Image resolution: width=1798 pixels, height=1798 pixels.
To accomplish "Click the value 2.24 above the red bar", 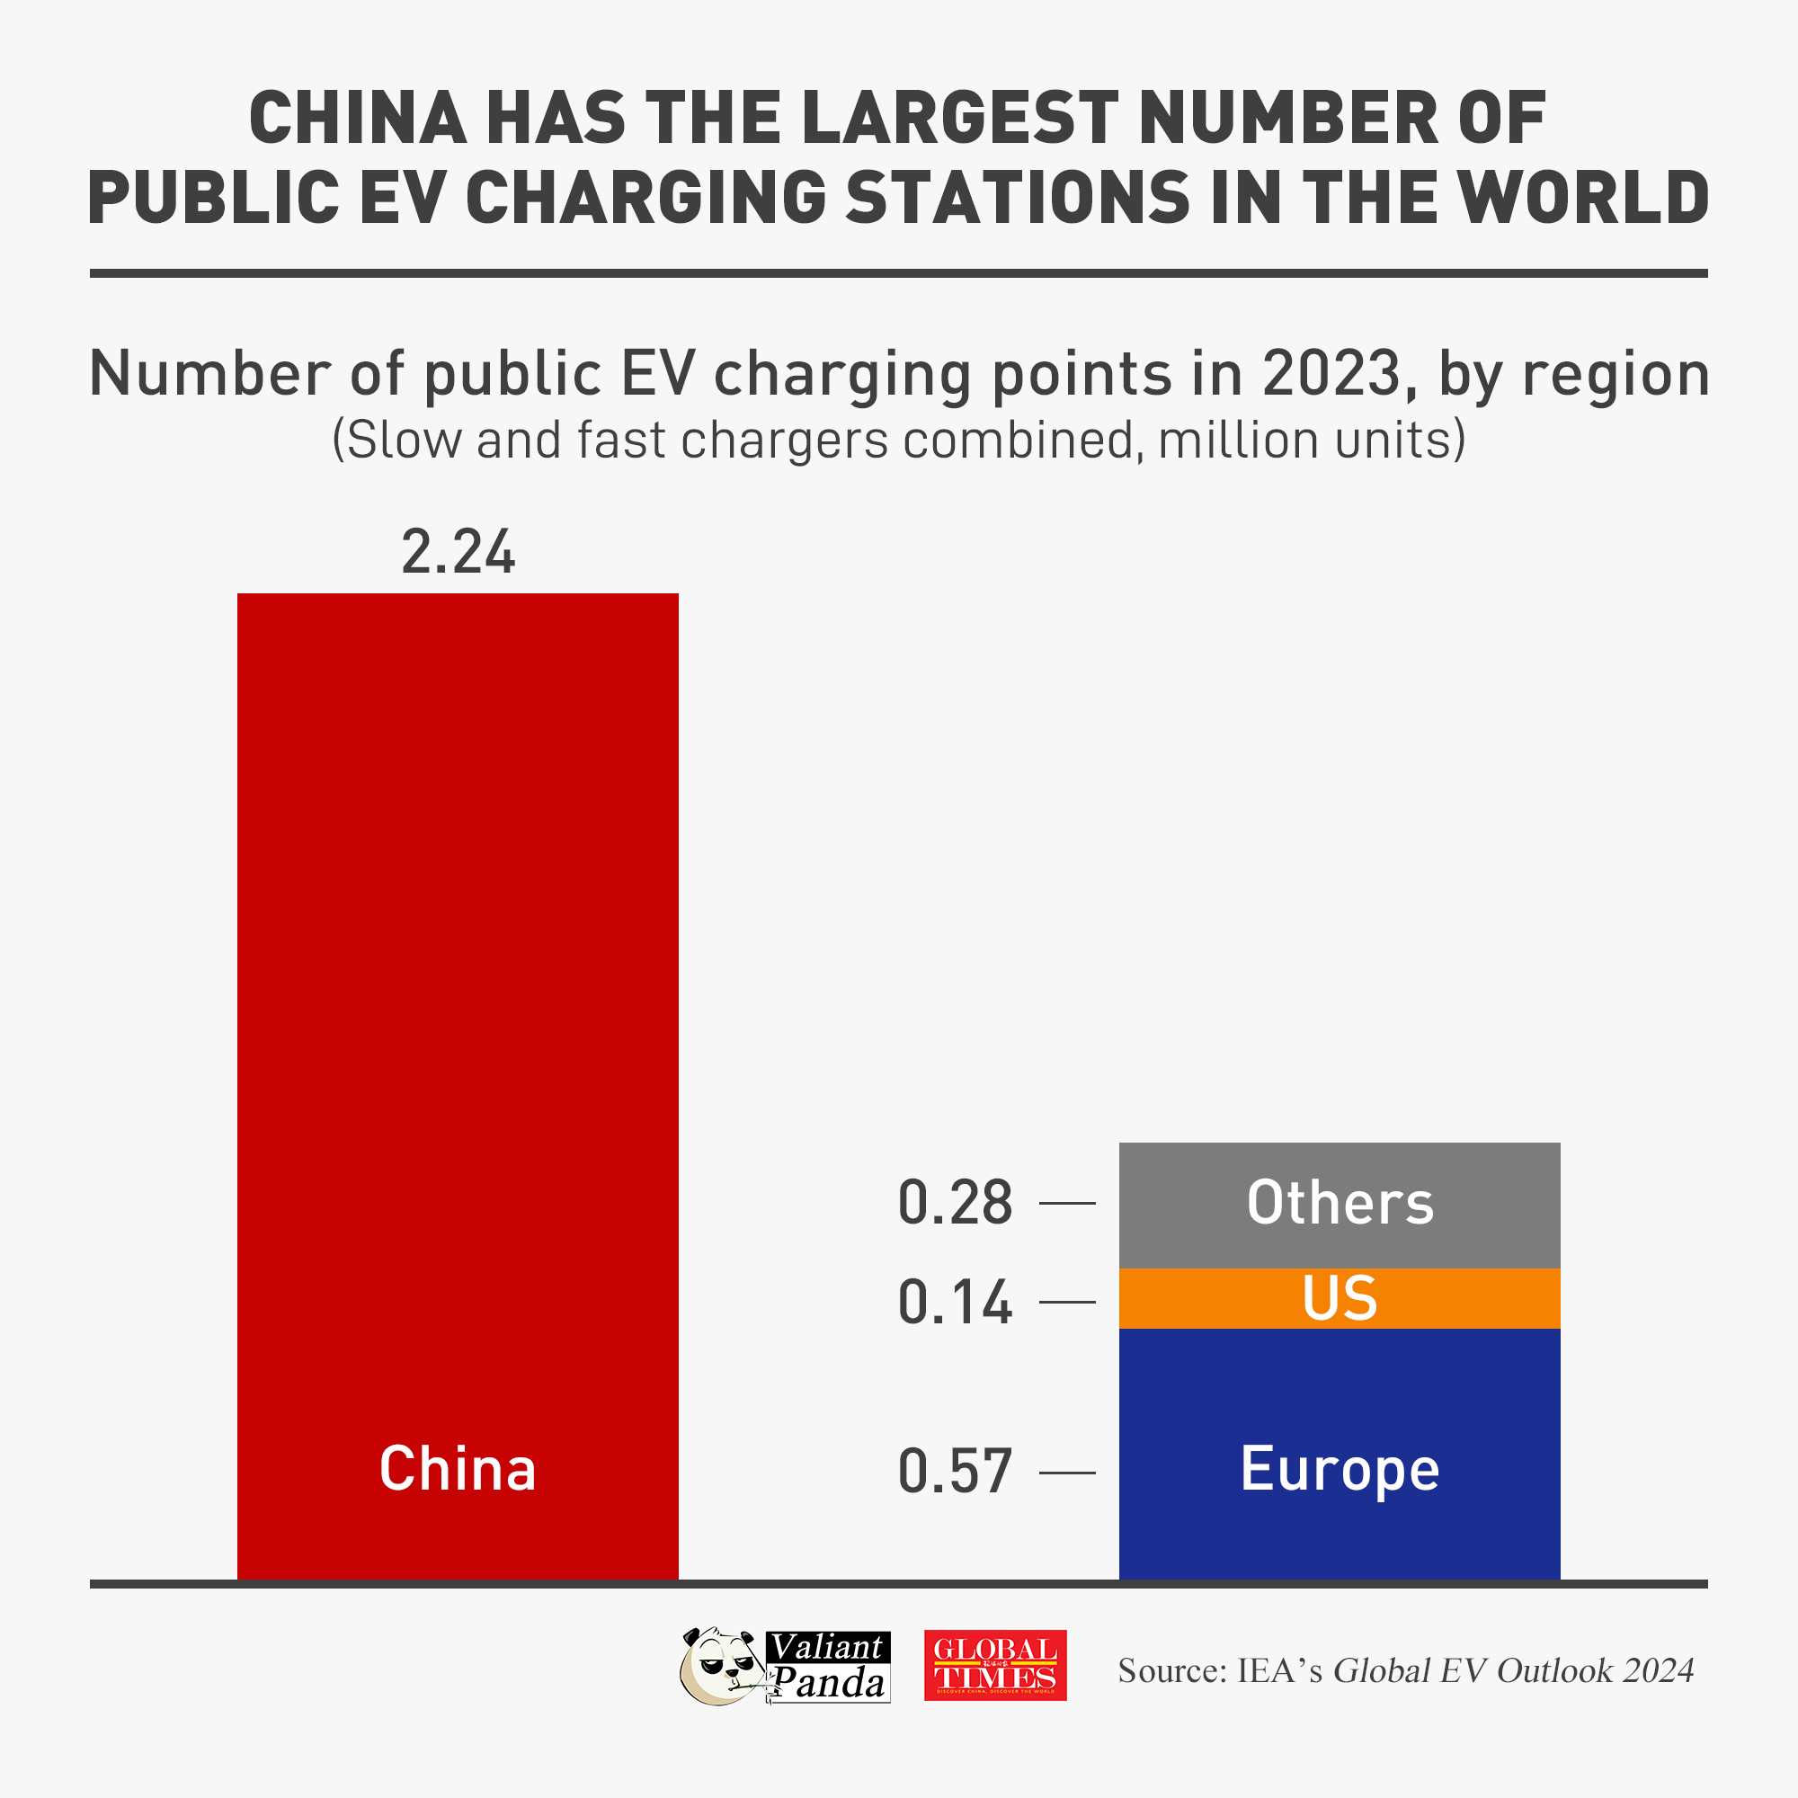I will pyautogui.click(x=457, y=553).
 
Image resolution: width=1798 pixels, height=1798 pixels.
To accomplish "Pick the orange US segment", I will pyautogui.click(x=1340, y=1299).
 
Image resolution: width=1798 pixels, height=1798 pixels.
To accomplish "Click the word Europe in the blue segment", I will pyautogui.click(x=1340, y=1471).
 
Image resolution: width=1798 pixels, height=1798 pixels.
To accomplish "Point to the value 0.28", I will pyautogui.click(x=955, y=1204).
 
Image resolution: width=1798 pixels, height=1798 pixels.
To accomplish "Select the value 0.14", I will pyautogui.click(x=955, y=1303).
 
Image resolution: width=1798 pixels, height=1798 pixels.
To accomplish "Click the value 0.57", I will pyautogui.click(x=955, y=1473).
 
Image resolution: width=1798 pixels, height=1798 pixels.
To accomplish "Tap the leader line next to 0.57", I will pyautogui.click(x=1066, y=1473).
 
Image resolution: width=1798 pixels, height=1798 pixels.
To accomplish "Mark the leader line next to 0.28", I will pyautogui.click(x=1066, y=1204).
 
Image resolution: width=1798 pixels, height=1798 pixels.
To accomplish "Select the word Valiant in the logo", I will pyautogui.click(x=827, y=1647).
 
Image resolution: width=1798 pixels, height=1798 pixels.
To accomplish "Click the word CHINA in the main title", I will pyautogui.click(x=358, y=120).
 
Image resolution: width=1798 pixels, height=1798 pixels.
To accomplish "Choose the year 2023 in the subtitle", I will pyautogui.click(x=1331, y=374).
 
